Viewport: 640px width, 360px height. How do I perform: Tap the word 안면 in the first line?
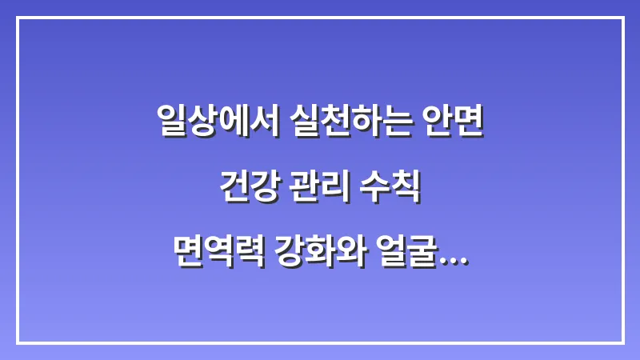457,123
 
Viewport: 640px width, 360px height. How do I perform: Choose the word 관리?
319,191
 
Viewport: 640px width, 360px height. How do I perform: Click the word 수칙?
392,191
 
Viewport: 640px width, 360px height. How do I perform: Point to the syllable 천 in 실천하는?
329,123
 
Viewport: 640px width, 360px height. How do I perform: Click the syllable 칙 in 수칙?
406,191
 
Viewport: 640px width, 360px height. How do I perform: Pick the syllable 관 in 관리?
304,191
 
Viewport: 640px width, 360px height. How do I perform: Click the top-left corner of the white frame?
18,18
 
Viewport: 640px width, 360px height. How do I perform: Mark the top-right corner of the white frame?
622,18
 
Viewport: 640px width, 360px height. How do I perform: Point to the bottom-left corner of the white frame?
18,342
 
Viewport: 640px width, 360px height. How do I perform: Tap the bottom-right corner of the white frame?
622,342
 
